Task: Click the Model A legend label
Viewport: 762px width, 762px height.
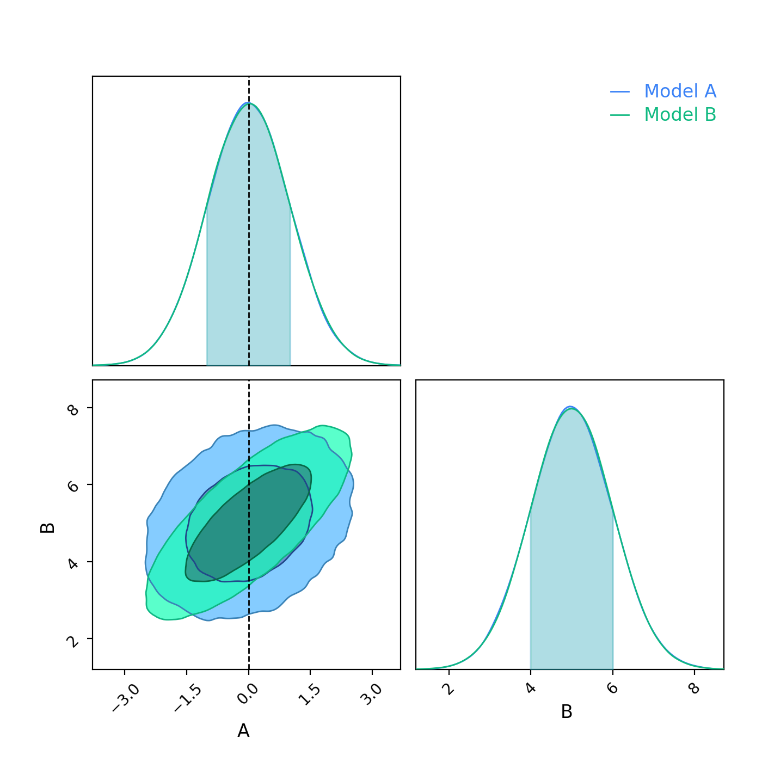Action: (680, 91)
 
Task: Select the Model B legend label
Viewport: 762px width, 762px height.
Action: (680, 115)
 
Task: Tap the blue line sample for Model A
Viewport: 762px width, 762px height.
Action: (619, 92)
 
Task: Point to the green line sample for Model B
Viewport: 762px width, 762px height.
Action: (619, 115)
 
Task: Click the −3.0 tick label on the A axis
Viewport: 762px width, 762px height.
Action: (126, 698)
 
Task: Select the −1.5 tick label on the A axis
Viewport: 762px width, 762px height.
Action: (188, 698)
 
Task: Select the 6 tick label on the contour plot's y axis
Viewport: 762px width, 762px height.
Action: (73, 487)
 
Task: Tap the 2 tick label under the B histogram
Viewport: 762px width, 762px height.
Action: (450, 689)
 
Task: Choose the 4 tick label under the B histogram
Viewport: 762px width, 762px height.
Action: (531, 689)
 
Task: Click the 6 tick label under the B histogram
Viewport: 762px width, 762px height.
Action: (613, 689)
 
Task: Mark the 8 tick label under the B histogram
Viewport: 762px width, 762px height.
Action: (695, 689)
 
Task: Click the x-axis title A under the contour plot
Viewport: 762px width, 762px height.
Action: (243, 731)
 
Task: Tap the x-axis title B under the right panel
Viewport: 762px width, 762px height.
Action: (567, 712)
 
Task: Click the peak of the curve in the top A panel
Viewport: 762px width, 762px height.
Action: (248, 103)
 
